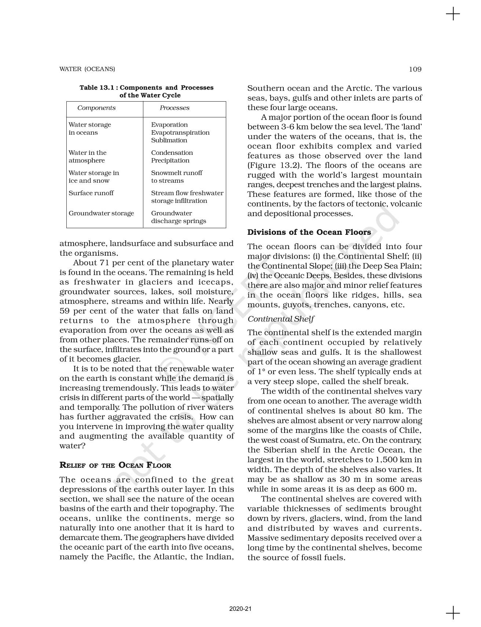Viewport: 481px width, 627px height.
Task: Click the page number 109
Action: pos(415,69)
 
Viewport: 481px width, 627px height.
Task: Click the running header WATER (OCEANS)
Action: pos(87,69)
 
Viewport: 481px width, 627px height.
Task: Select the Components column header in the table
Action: pos(96,108)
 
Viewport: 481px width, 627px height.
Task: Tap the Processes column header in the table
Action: pos(175,108)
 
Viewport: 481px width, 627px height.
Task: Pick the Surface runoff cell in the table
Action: pos(91,193)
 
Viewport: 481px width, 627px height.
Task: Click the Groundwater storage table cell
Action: pos(101,213)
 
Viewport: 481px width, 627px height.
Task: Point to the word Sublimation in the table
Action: pos(169,140)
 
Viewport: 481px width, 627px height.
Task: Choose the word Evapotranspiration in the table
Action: pos(180,132)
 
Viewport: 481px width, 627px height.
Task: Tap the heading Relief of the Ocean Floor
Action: pos(115,465)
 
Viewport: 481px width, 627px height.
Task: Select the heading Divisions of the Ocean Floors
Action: pos(309,232)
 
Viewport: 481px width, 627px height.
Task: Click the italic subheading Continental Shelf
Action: pos(281,319)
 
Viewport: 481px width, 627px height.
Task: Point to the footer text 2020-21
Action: pos(240,609)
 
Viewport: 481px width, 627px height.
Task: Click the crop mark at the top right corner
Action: pos(453,14)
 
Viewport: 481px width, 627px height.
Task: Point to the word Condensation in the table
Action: pos(172,153)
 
